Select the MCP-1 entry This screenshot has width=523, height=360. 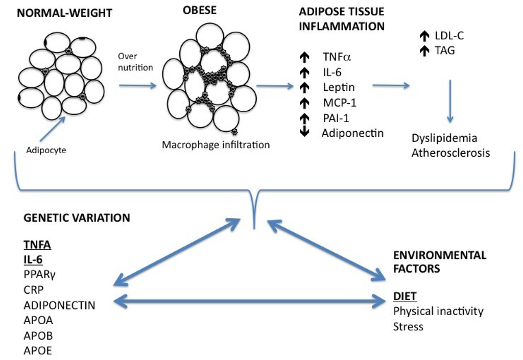click(339, 103)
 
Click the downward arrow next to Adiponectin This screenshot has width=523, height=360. click(304, 132)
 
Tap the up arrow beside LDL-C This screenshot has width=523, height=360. click(423, 35)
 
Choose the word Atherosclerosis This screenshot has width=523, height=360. click(450, 153)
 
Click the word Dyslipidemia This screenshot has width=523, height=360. click(444, 138)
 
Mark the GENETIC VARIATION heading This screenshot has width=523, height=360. click(77, 218)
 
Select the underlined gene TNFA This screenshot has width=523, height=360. click(38, 245)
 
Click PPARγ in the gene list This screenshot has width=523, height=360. click(39, 274)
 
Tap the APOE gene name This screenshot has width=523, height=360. click(38, 350)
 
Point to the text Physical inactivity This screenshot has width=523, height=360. click(438, 311)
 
